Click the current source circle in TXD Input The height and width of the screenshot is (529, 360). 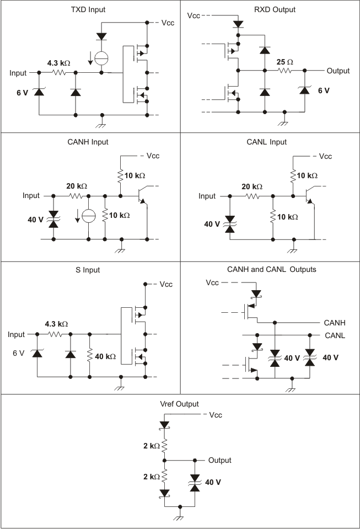(101, 58)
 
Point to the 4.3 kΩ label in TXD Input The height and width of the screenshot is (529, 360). (58, 63)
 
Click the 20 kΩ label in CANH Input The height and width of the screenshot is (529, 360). (77, 186)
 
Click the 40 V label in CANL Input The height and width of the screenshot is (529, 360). (212, 224)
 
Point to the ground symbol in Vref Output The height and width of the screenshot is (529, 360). (179, 517)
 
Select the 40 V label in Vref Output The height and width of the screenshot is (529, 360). (213, 482)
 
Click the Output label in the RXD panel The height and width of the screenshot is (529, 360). (338, 71)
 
